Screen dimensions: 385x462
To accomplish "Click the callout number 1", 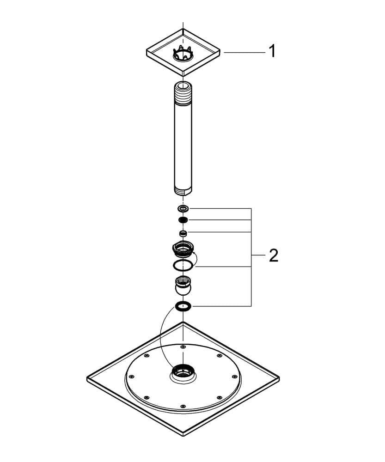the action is (272, 51).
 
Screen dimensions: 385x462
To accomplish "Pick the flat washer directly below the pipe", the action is (183, 209).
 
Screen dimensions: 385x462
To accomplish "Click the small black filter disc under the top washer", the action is (183, 220).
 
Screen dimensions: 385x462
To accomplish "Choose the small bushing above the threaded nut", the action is (183, 233).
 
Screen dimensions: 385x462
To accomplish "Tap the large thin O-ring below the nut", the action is (183, 265).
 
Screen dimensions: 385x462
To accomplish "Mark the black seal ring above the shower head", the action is (183, 306).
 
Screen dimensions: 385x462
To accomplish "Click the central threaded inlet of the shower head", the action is (183, 372).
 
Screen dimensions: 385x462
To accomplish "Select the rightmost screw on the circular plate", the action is (235, 376).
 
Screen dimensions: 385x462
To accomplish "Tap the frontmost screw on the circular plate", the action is (183, 406).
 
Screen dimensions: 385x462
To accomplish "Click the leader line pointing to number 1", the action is (244, 52).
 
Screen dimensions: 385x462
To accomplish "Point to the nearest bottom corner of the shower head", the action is (183, 436).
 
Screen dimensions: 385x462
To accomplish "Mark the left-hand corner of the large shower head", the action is (87, 377).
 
